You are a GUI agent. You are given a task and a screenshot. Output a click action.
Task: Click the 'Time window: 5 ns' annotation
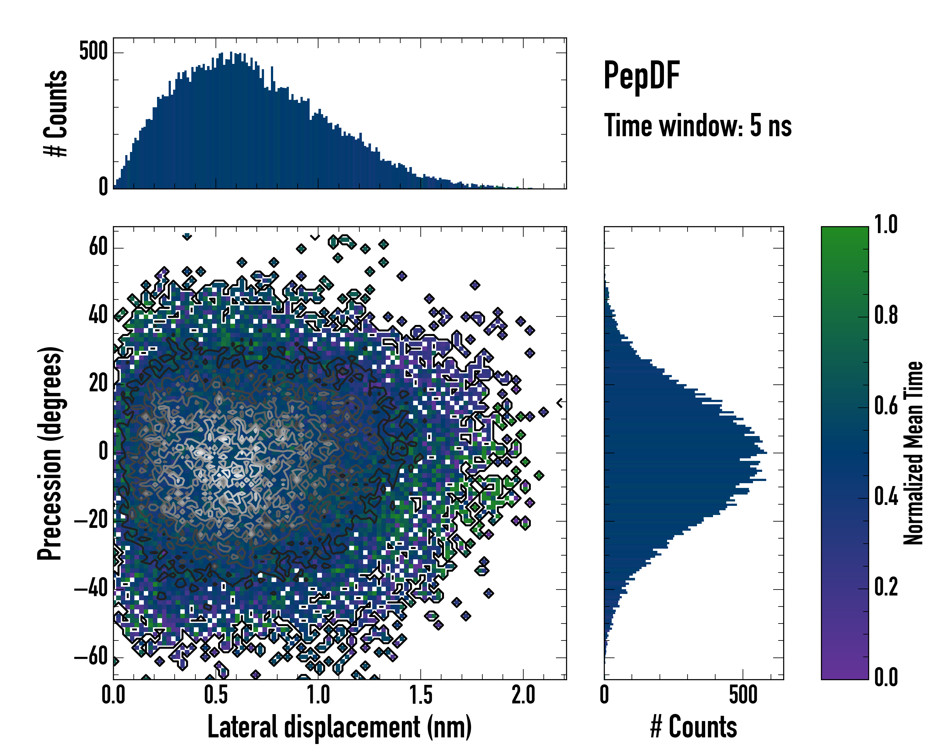click(698, 126)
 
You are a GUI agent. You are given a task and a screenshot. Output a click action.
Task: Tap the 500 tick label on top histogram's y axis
click(93, 52)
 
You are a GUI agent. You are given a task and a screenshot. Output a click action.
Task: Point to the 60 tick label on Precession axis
click(98, 247)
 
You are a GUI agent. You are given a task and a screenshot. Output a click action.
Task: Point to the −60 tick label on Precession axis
click(91, 657)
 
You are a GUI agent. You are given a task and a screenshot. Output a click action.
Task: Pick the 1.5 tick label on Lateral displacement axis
click(421, 695)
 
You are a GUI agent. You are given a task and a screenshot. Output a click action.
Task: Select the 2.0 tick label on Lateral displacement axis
click(523, 695)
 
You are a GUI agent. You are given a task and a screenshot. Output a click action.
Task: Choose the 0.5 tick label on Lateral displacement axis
click(216, 695)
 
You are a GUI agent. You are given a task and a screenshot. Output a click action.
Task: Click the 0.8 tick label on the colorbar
click(886, 316)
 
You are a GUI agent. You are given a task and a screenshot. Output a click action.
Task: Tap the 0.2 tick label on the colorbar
click(886, 587)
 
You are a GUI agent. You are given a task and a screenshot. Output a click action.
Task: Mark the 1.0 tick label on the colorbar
click(886, 225)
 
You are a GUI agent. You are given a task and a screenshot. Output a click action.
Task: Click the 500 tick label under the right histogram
click(743, 695)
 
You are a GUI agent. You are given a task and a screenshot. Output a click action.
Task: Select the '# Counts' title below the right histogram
click(694, 727)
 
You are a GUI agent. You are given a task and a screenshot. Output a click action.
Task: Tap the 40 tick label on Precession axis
click(98, 316)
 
